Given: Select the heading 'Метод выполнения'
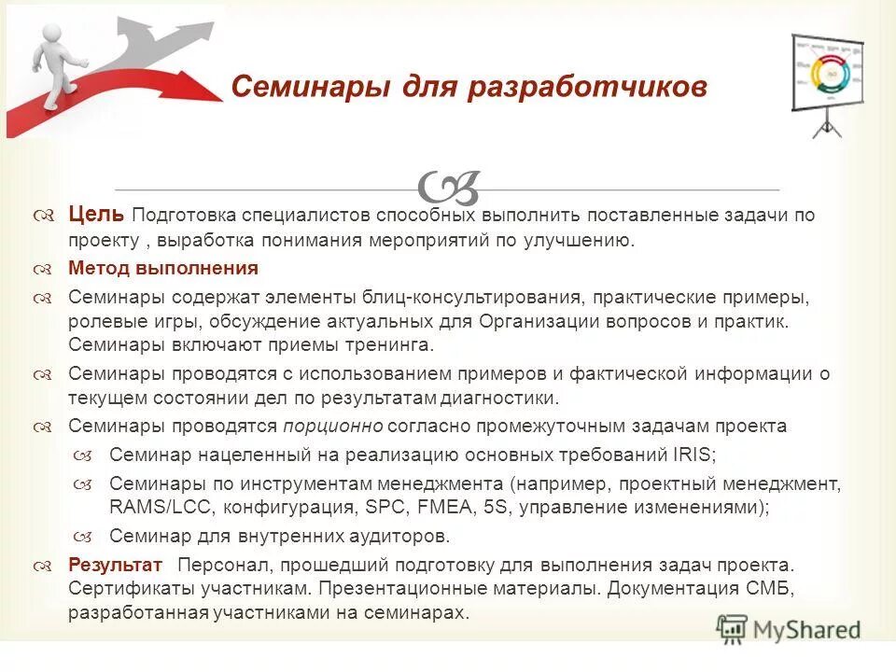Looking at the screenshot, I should (x=162, y=269).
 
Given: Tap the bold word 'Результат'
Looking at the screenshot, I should (x=115, y=566).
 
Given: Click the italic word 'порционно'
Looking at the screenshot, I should (x=333, y=427).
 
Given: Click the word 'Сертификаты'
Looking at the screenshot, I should (x=125, y=590).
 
